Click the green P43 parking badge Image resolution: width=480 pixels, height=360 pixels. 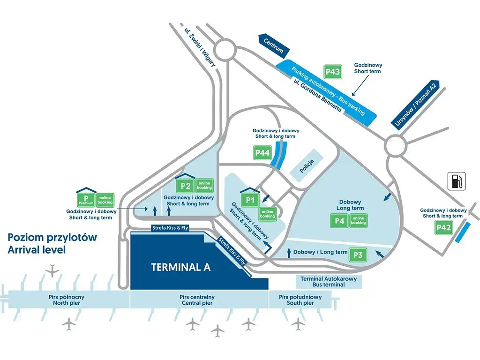[x=333, y=72]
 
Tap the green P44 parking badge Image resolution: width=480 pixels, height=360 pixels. [x=262, y=153]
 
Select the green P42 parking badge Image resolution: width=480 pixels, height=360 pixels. [x=443, y=227]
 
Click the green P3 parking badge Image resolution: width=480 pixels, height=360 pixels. [x=358, y=255]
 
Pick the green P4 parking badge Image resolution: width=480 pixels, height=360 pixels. [x=339, y=221]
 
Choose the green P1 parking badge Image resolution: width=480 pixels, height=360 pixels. [x=250, y=200]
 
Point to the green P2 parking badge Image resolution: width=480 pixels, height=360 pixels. [x=186, y=186]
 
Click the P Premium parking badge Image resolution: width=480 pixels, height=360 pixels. [x=86, y=200]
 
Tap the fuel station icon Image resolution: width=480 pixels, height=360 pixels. [x=457, y=181]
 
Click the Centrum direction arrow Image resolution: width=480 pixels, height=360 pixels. [x=273, y=46]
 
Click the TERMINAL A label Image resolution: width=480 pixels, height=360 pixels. [x=181, y=267]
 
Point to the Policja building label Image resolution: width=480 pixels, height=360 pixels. [x=307, y=166]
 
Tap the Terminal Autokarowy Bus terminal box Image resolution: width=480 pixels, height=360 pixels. [x=329, y=282]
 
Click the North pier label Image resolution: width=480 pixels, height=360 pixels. [x=67, y=303]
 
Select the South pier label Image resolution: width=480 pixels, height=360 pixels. [x=300, y=303]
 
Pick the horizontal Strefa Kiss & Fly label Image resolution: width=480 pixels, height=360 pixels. [x=170, y=228]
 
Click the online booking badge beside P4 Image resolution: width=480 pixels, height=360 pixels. [x=358, y=221]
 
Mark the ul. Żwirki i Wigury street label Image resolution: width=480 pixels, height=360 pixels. [x=200, y=48]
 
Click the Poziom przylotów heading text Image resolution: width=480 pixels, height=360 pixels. [x=52, y=237]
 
